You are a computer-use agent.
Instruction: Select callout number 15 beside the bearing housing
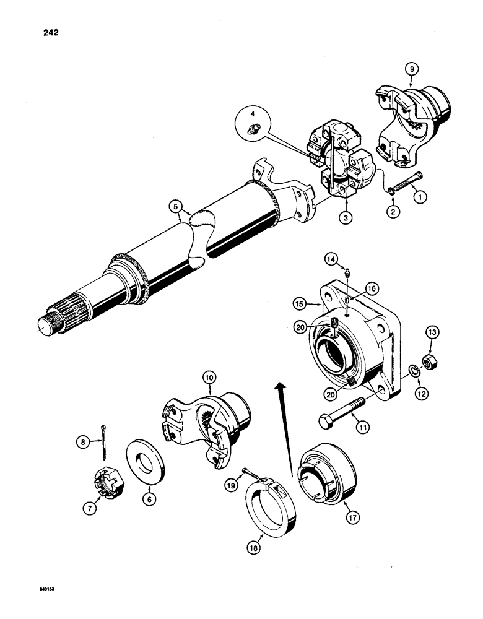tap(300, 304)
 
